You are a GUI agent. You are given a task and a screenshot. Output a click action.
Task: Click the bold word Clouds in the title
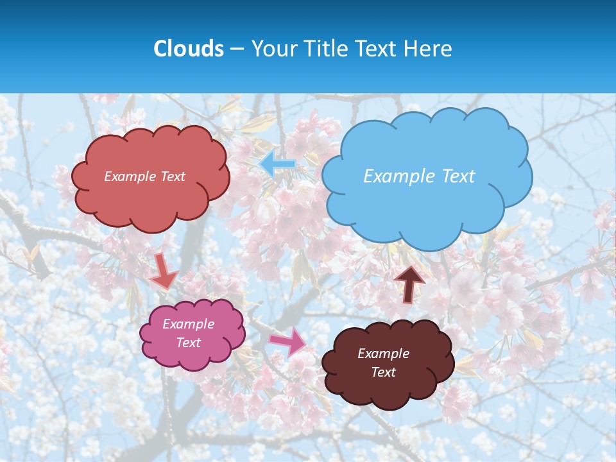[188, 49]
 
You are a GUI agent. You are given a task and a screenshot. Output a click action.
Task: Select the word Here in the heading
[429, 49]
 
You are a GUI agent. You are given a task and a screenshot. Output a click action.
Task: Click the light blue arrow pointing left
[277, 164]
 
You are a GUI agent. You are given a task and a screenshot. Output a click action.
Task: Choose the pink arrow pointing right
[287, 341]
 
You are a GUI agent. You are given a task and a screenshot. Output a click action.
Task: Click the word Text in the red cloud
[173, 176]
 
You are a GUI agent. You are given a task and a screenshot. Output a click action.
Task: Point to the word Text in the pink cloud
[189, 343]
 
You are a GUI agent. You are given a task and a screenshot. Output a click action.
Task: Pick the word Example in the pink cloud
[189, 324]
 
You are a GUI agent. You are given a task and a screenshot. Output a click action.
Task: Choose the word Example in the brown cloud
[383, 354]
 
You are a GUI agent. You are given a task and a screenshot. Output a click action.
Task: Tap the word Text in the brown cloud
[383, 372]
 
